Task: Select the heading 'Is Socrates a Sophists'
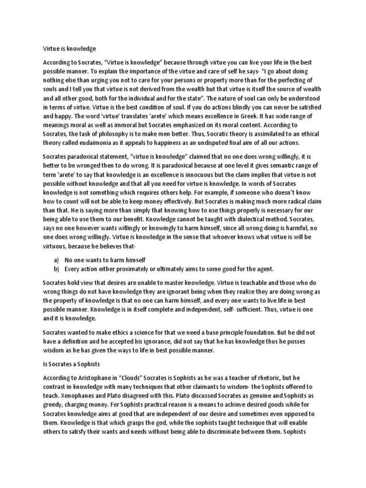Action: [73, 364]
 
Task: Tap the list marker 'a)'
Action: [56, 260]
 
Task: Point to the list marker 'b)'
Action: [56, 269]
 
